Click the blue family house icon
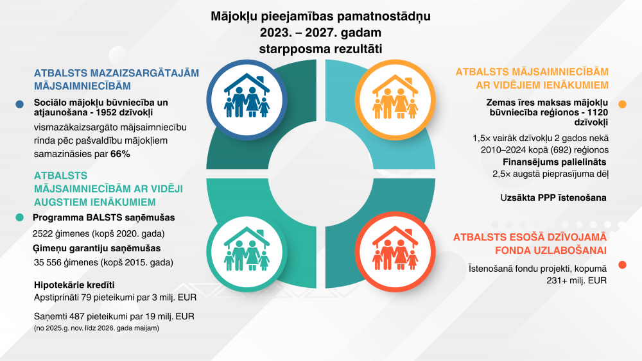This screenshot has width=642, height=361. click(247, 96)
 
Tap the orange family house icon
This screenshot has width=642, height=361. click(395, 97)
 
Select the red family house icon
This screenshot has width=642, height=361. click(395, 248)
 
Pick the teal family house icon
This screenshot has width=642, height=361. click(247, 249)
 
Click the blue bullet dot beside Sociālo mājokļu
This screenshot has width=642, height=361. click(20, 105)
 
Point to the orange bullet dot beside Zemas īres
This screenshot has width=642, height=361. click(622, 105)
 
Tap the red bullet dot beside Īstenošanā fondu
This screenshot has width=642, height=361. click(622, 265)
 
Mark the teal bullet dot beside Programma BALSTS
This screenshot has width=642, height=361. click(20, 217)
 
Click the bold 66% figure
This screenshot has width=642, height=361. click(121, 154)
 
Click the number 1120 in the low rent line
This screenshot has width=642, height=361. click(598, 112)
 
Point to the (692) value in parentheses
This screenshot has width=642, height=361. click(553, 150)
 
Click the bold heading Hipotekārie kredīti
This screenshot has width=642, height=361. click(74, 285)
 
